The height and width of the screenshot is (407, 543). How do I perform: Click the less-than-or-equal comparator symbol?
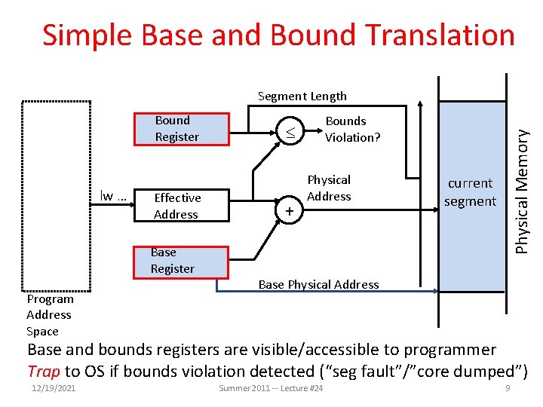coord(289,133)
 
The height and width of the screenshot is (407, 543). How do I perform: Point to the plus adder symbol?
coord(289,212)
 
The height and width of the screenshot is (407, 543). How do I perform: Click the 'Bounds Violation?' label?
coord(352,129)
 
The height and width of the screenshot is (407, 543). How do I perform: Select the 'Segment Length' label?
coord(302,96)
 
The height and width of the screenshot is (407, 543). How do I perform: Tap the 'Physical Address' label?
coord(329,188)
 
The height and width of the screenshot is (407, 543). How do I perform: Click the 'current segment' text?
coord(470,192)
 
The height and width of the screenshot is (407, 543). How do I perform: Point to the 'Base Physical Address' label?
coord(318,284)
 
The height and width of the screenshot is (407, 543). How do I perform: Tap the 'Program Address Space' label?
coord(49,315)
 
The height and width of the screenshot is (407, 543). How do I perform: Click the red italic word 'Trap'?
coord(43,371)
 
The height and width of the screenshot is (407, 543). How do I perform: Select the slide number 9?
coord(508,388)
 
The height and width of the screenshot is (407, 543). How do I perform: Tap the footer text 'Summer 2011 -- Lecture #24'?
coord(271,388)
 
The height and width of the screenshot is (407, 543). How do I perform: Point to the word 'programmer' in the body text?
coord(450,350)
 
